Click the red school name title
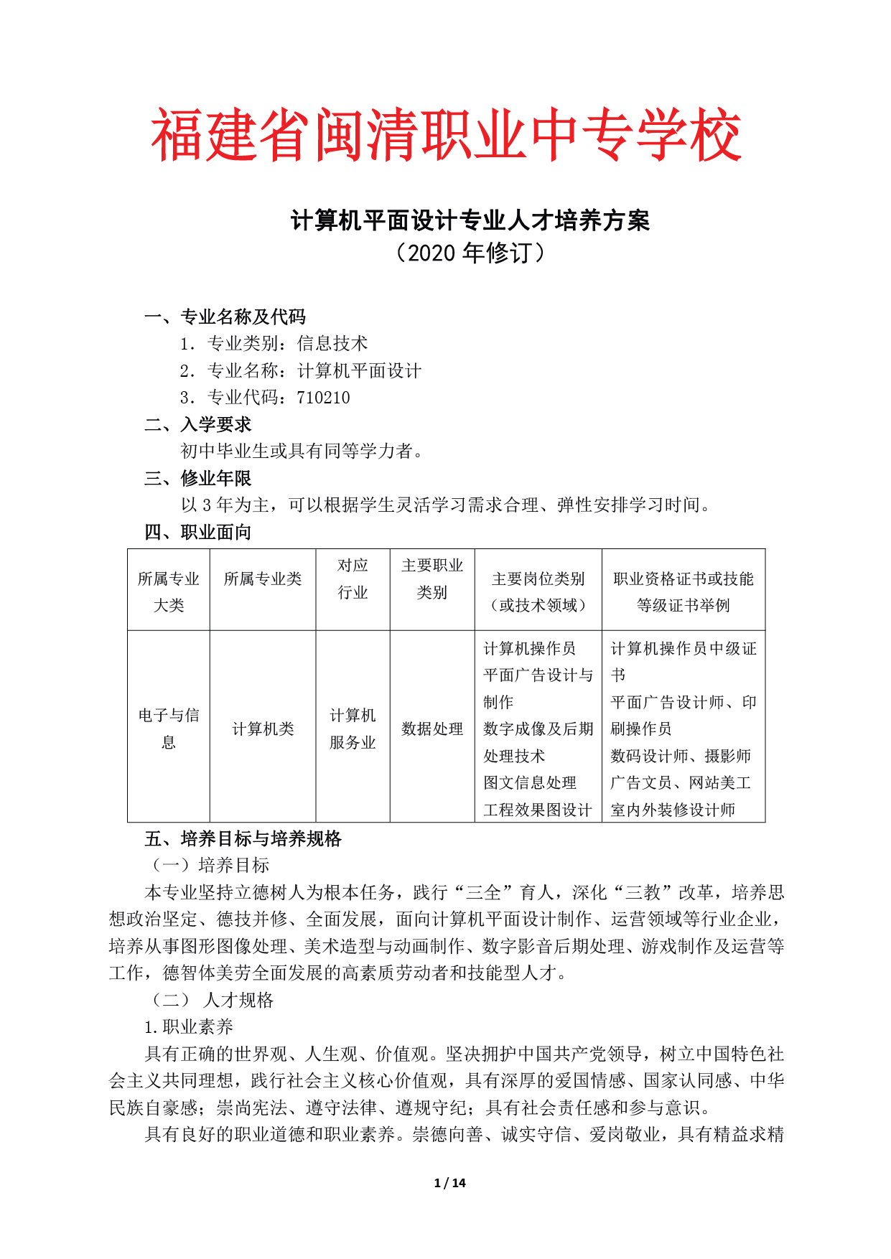click(x=445, y=135)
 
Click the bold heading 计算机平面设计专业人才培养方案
click(x=470, y=220)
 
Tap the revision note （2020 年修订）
click(x=470, y=253)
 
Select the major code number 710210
click(x=323, y=398)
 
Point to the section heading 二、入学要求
click(x=197, y=424)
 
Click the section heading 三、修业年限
click(x=197, y=478)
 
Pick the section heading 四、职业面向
click(x=197, y=532)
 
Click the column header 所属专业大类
click(x=169, y=591)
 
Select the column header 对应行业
click(x=353, y=579)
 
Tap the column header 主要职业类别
click(x=431, y=579)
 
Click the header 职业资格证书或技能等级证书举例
click(x=683, y=591)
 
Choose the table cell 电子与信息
click(x=169, y=728)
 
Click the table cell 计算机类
click(x=263, y=729)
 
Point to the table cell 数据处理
click(x=431, y=729)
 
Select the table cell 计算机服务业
click(x=353, y=729)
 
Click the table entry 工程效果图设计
click(x=537, y=810)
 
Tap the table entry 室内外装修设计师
click(x=673, y=810)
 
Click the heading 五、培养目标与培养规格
click(x=243, y=838)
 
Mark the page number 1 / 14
click(x=450, y=1183)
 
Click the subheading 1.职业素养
click(x=189, y=1027)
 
